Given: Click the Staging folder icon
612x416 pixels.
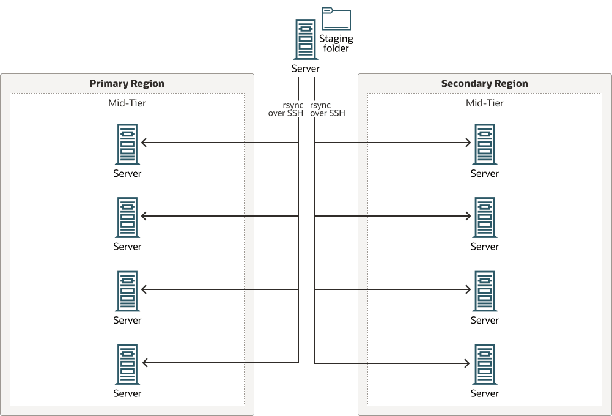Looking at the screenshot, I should coord(336,20).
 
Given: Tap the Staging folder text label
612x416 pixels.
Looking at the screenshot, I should coord(336,43).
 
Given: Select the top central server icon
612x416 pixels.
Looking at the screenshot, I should coord(305,39).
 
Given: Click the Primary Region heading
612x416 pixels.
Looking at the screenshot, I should coord(127,84).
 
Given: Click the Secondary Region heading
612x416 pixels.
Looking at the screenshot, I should coord(484,84).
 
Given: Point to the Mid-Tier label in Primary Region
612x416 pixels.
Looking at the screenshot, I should coord(127,103).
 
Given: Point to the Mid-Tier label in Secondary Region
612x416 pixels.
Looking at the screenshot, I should coord(484,103).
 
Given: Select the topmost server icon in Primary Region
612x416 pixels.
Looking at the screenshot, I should coord(127,144).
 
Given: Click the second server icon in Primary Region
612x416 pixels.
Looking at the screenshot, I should coord(127,217).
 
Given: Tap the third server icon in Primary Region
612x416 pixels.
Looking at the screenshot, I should coord(127,291).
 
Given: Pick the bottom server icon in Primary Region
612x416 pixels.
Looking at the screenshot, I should coord(127,364).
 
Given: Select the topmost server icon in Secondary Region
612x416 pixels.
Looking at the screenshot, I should coord(484,144).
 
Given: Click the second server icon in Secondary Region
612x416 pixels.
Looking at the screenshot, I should coord(484,217).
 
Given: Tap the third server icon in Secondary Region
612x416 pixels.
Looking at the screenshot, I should coord(484,291).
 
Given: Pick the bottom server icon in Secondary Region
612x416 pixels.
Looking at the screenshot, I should coord(484,364).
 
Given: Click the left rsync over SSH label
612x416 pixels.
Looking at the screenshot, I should coord(286,109).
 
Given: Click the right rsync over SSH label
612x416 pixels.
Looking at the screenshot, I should coord(327,109).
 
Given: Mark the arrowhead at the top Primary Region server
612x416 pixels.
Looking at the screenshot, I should coord(144,143).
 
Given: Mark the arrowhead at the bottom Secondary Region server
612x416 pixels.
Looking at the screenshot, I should coord(468,363).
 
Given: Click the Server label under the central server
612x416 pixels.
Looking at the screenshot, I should coord(305,69).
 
